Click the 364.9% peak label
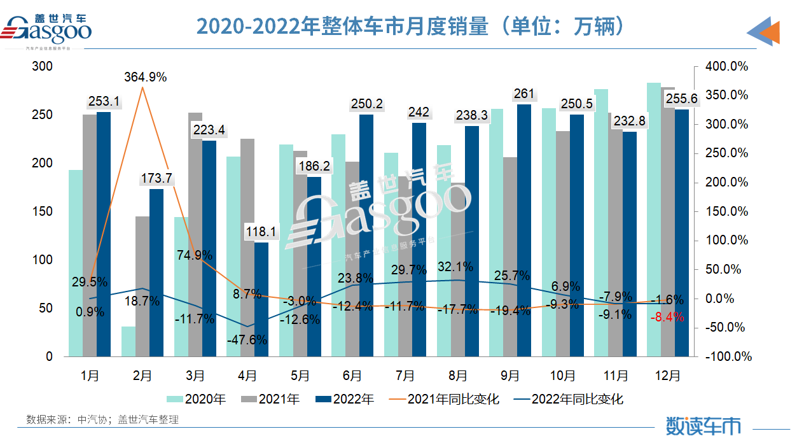pyautogui.click(x=144, y=78)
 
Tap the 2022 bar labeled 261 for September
pyautogui.click(x=523, y=229)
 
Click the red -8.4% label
pyautogui.click(x=667, y=317)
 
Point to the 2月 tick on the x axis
pyautogui.click(x=142, y=376)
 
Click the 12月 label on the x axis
pyautogui.click(x=667, y=376)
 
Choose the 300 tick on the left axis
pyautogui.click(x=44, y=67)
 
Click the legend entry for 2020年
pyautogui.click(x=197, y=400)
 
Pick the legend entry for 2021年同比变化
pyautogui.click(x=445, y=400)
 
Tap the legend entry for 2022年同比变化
pyautogui.click(x=569, y=400)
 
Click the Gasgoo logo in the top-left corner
pyautogui.click(x=47, y=28)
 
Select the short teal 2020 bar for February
pyautogui.click(x=128, y=341)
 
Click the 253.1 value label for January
pyautogui.click(x=104, y=101)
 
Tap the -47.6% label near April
pyautogui.click(x=247, y=340)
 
